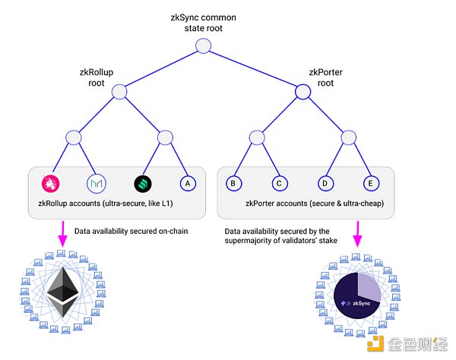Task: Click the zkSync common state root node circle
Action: [x=202, y=46]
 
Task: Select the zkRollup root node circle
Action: [x=120, y=92]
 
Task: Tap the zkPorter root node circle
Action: [x=302, y=92]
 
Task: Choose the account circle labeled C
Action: [x=279, y=183]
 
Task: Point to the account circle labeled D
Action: [x=325, y=183]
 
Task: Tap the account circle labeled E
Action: [x=370, y=183]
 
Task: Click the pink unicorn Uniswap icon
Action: [x=52, y=183]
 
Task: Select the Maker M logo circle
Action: [x=97, y=183]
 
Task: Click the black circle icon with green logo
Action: [x=143, y=183]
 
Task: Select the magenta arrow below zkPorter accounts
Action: [x=356, y=233]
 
